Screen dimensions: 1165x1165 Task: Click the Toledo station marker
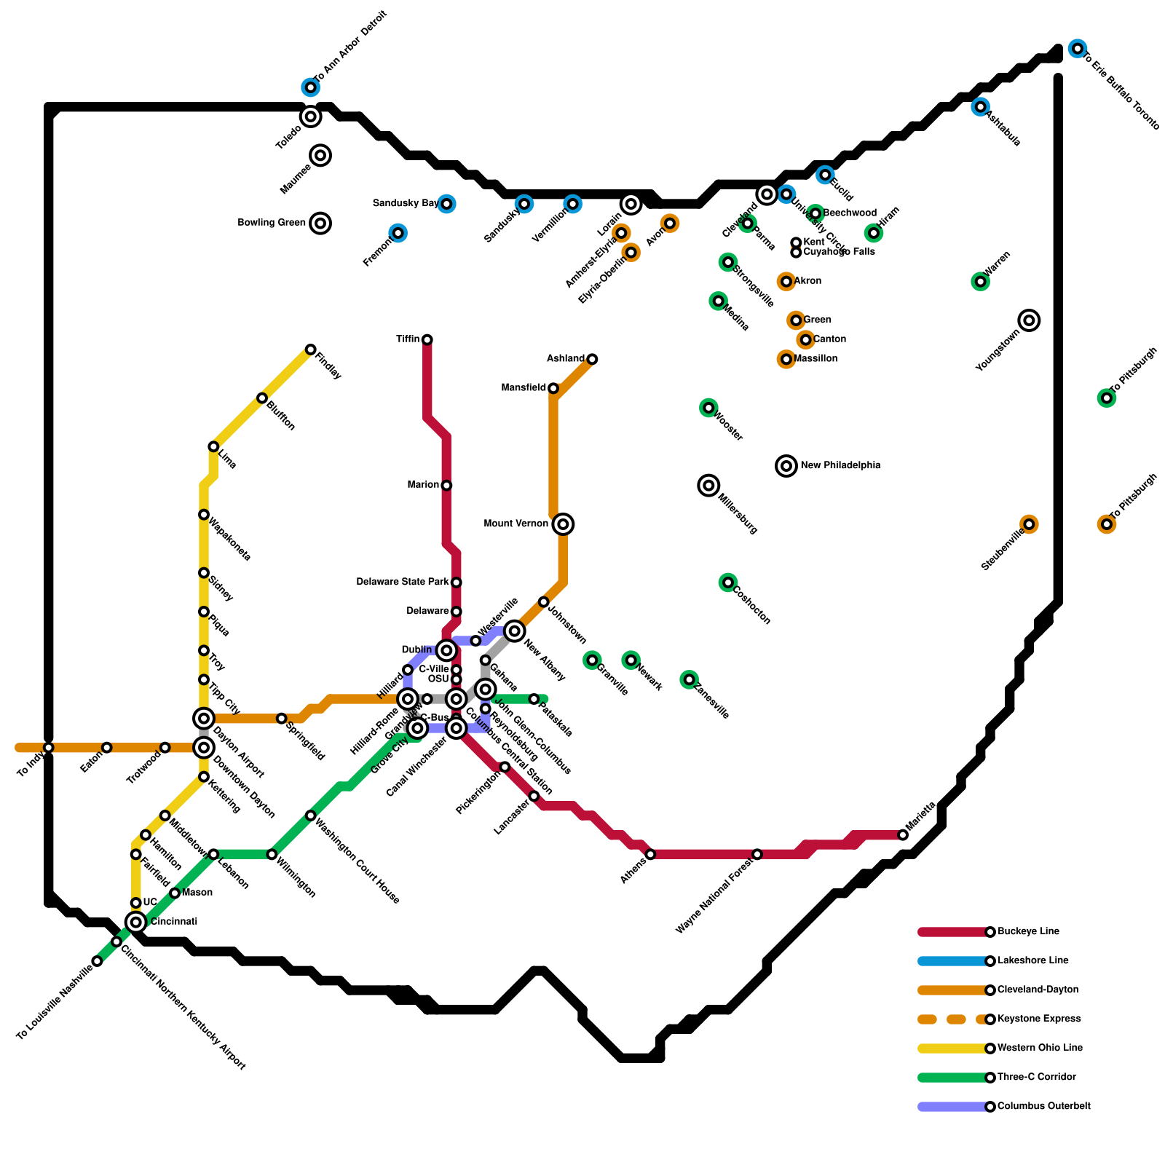point(311,116)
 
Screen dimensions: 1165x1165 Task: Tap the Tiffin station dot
point(427,339)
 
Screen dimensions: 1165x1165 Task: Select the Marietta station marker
point(903,835)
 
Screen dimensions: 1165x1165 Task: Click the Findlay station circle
point(311,349)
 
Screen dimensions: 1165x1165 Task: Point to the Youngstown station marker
point(1029,320)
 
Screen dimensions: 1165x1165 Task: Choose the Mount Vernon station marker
point(563,524)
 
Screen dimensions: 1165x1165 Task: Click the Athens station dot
point(650,854)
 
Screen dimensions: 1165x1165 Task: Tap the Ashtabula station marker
point(981,107)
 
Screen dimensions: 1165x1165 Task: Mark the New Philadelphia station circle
point(786,466)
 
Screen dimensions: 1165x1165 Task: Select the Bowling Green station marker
point(320,223)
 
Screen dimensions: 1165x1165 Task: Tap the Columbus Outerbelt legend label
point(1043,1106)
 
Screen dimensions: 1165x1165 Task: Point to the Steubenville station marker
point(1029,524)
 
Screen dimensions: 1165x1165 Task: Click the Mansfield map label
point(524,388)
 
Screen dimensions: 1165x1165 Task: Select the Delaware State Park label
point(403,582)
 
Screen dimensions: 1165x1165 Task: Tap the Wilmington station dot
point(272,854)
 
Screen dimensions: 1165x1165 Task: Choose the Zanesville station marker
point(690,679)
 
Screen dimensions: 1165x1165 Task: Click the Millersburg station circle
point(709,486)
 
